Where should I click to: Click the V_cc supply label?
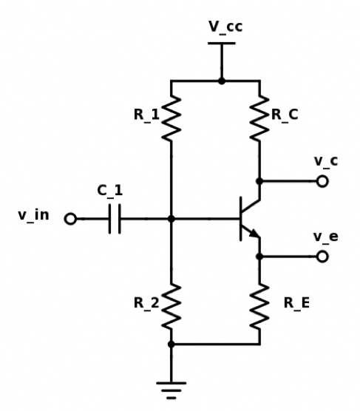click(225, 27)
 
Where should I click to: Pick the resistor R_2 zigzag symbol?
click(171, 306)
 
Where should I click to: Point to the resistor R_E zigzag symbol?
click(259, 306)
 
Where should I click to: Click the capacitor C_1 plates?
click(114, 219)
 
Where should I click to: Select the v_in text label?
click(33, 216)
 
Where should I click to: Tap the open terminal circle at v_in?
click(70, 219)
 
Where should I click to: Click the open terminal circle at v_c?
click(322, 181)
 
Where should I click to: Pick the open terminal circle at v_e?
click(322, 257)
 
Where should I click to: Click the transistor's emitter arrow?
click(254, 234)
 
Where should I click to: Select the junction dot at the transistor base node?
click(171, 219)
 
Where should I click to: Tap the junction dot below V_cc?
click(221, 81)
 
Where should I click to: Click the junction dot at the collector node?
click(259, 181)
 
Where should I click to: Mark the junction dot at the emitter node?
click(259, 257)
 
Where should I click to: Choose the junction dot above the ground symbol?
click(171, 344)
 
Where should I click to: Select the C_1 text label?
click(110, 191)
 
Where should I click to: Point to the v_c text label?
click(325, 160)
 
